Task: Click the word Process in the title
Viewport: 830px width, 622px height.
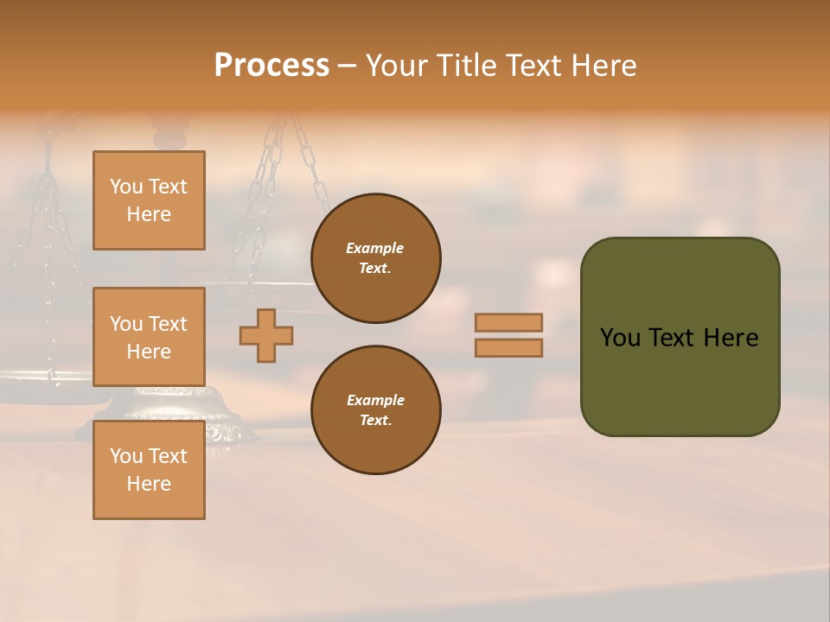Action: tap(271, 66)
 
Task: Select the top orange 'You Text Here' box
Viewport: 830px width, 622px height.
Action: tap(149, 200)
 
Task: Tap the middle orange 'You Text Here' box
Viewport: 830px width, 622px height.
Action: tap(149, 337)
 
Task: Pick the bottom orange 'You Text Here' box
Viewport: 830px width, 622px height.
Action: tap(149, 470)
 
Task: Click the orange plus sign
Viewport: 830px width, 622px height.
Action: tap(266, 335)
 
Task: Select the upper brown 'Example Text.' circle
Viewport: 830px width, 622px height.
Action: tap(376, 258)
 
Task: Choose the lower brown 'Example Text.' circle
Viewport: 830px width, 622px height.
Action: tap(376, 410)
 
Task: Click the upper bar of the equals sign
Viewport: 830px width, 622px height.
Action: tap(508, 322)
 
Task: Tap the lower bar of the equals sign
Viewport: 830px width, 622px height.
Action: tap(508, 348)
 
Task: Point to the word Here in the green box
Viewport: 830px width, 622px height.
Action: tap(731, 338)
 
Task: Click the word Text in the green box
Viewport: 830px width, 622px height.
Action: tap(673, 338)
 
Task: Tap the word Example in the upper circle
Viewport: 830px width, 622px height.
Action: tap(375, 248)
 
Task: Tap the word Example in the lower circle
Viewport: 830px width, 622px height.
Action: tap(375, 400)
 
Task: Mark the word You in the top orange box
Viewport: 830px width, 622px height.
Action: tap(126, 187)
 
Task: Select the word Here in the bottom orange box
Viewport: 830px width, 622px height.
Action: tap(149, 484)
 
